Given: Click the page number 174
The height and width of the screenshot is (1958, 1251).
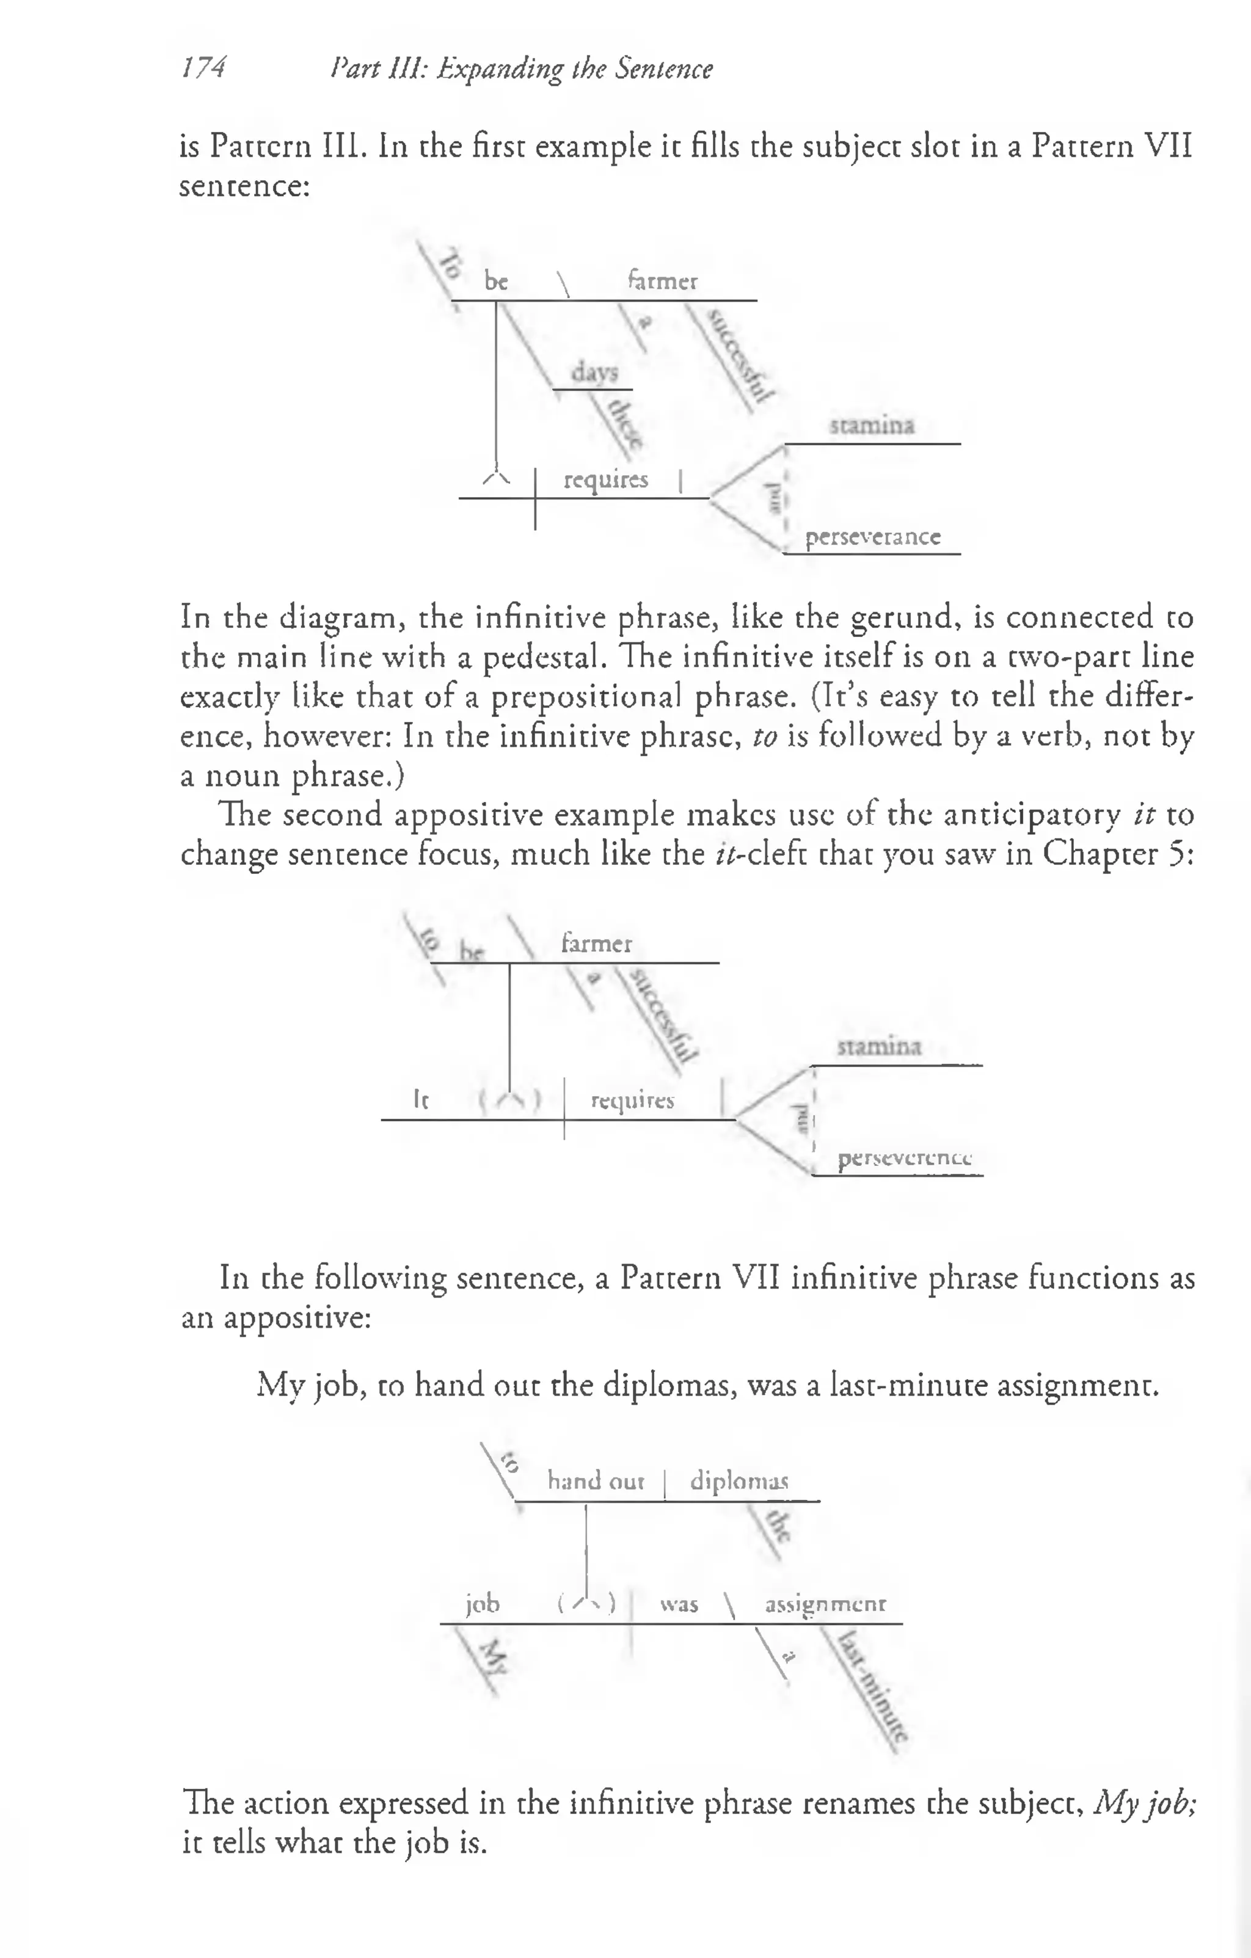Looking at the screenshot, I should (x=203, y=68).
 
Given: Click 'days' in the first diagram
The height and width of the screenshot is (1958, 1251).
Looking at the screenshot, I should (x=594, y=373).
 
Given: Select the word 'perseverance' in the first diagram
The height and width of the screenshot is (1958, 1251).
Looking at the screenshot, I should (x=873, y=537).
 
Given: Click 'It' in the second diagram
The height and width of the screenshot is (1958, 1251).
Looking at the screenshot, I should (x=420, y=1099).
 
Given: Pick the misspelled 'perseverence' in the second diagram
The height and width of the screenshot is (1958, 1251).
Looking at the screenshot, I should (x=905, y=1158).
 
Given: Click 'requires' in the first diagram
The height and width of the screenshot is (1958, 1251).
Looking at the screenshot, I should (x=606, y=480).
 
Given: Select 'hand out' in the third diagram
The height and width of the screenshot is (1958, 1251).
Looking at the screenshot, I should (x=596, y=1480).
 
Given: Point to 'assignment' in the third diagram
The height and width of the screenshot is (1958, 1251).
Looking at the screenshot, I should (x=825, y=1604).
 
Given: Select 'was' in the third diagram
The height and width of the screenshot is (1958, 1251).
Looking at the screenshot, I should (x=679, y=1604).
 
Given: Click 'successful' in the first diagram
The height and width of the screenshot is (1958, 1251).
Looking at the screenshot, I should (x=737, y=356).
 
